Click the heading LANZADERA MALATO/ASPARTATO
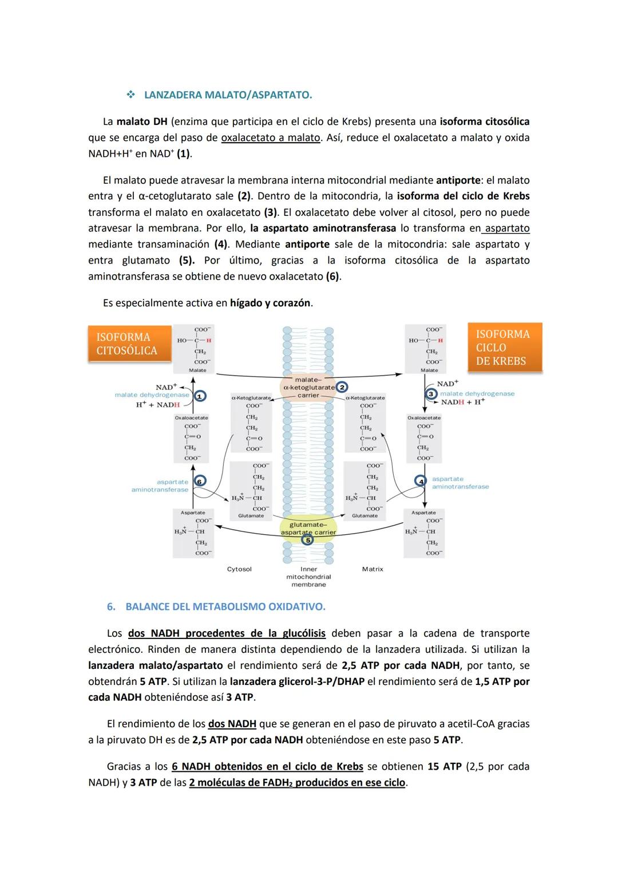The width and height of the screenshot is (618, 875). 228,95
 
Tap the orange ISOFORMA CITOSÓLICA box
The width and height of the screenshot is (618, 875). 129,344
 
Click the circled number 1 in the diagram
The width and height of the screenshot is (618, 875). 200,396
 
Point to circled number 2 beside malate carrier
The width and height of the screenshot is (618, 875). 342,387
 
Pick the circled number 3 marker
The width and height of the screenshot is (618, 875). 431,394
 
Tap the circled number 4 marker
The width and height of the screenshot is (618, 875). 421,482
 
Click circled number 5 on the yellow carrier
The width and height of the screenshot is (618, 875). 308,540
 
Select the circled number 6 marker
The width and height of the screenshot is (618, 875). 199,482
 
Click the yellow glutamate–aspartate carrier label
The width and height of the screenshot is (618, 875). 308,529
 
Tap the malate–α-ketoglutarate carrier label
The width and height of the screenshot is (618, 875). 308,387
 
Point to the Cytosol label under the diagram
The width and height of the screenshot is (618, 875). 239,569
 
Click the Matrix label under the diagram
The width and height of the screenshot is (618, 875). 373,569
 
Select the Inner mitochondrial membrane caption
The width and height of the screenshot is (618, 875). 308,577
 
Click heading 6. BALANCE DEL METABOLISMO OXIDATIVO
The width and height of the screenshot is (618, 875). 225,606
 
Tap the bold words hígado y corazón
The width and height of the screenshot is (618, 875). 270,303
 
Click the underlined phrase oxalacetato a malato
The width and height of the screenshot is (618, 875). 270,138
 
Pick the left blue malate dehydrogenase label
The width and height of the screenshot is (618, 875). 152,395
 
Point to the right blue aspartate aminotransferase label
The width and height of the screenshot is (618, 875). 460,483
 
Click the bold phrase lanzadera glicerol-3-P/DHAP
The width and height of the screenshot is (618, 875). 297,682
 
